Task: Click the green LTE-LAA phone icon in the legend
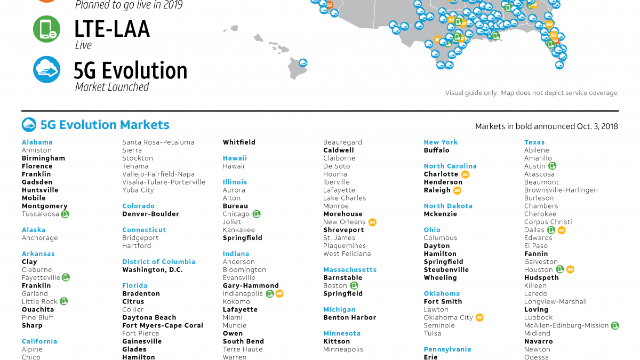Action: coord(46,29)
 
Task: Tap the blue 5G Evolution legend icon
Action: coord(46,69)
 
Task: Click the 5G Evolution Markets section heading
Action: coord(105,125)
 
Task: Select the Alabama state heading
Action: coord(37,142)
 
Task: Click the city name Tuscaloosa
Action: coord(40,214)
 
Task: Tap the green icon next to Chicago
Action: coord(257,214)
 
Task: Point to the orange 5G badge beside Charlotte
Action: coord(465,174)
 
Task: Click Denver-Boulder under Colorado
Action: coord(150,214)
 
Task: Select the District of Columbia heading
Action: coord(158,262)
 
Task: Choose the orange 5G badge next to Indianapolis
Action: coord(279,293)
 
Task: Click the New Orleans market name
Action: coord(344,222)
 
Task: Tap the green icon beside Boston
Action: coord(354,285)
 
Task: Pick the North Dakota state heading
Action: coord(448,206)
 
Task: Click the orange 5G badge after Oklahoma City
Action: coord(479,317)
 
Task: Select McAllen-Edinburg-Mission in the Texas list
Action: coord(566,325)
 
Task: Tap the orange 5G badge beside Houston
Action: coord(570,269)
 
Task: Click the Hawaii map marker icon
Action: coord(303,62)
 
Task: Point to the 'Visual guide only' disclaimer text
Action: coord(532,93)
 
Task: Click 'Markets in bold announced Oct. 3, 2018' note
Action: coord(546,126)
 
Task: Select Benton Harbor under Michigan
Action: coord(349,317)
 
